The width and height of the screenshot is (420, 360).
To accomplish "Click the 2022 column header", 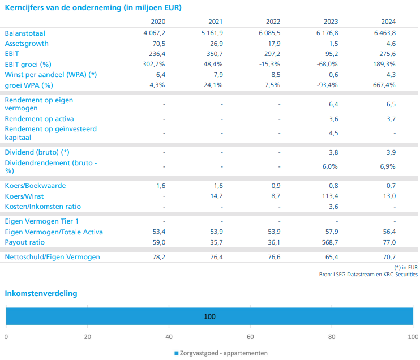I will pyautogui.click(x=273, y=22).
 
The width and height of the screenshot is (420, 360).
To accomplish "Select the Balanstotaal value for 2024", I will pyautogui.click(x=384, y=33).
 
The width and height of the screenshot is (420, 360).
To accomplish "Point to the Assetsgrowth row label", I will pyautogui.click(x=27, y=44).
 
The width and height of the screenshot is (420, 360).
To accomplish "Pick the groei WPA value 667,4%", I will pyautogui.click(x=383, y=85).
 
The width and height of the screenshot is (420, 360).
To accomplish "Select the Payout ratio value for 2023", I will pyautogui.click(x=328, y=242).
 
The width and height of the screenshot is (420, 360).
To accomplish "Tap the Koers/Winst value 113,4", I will pyautogui.click(x=328, y=196).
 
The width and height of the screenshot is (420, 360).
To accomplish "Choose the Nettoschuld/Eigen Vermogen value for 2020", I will pyautogui.click(x=158, y=257).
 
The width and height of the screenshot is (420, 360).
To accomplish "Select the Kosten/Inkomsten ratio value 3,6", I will pyautogui.click(x=333, y=207).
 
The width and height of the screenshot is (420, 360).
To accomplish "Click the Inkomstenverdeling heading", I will pyautogui.click(x=41, y=294).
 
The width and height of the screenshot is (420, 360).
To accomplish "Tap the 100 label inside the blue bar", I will pyautogui.click(x=209, y=316).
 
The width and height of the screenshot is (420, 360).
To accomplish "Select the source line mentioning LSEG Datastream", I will pyautogui.click(x=368, y=275).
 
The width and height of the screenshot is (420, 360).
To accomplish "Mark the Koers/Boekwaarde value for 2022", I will pyautogui.click(x=276, y=186).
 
